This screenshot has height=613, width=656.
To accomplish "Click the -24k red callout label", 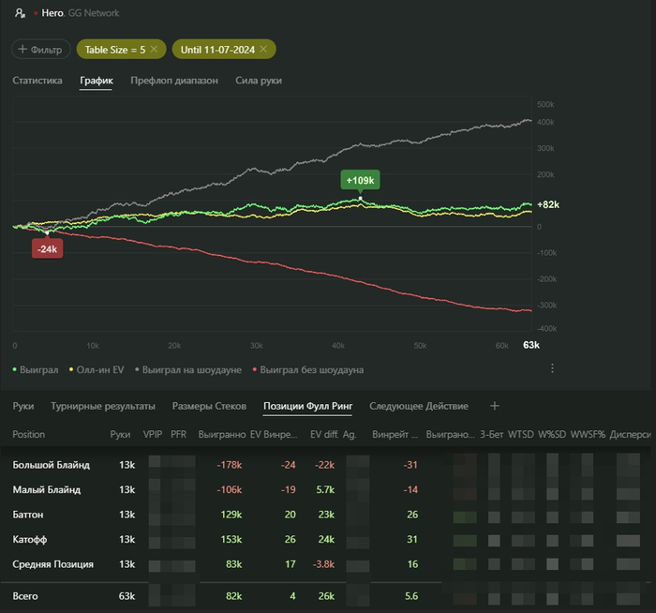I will [x=47, y=248].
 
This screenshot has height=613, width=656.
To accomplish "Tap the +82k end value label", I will [x=548, y=204].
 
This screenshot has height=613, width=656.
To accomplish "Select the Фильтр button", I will [x=40, y=49].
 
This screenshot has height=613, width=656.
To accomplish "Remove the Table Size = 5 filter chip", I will [x=155, y=49].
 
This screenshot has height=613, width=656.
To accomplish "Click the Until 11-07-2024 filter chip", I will [x=217, y=49].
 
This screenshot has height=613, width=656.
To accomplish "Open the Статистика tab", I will [x=37, y=81].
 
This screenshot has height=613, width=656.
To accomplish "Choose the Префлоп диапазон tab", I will [x=174, y=81].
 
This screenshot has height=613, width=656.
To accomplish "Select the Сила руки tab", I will [x=259, y=81].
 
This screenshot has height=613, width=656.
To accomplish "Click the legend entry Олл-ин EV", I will [x=97, y=370].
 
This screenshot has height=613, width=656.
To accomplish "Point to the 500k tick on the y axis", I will [x=545, y=104].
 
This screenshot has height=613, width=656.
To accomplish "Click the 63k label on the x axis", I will [x=531, y=346].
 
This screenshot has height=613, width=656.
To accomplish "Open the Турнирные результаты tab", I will [x=102, y=406].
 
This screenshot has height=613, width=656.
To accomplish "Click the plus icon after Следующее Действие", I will [x=495, y=406].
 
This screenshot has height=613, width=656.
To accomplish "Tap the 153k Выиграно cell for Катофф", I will [x=231, y=539].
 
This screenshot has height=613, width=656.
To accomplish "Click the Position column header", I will [x=28, y=435].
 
